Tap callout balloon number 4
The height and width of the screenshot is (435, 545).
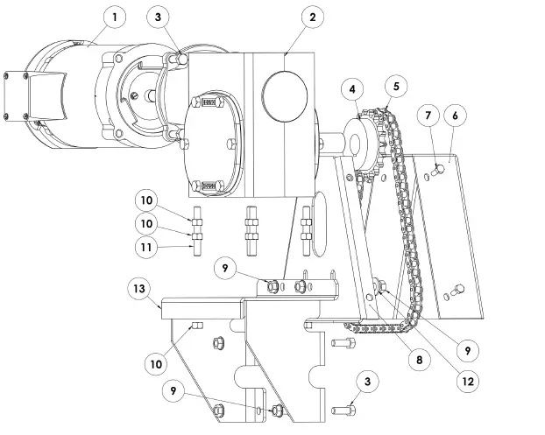pyautogui.click(x=351, y=88)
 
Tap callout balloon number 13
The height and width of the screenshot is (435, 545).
pyautogui.click(x=138, y=289)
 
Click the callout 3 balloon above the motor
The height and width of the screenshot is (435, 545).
pyautogui.click(x=157, y=16)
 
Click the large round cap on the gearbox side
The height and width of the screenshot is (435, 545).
pyautogui.click(x=286, y=90)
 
